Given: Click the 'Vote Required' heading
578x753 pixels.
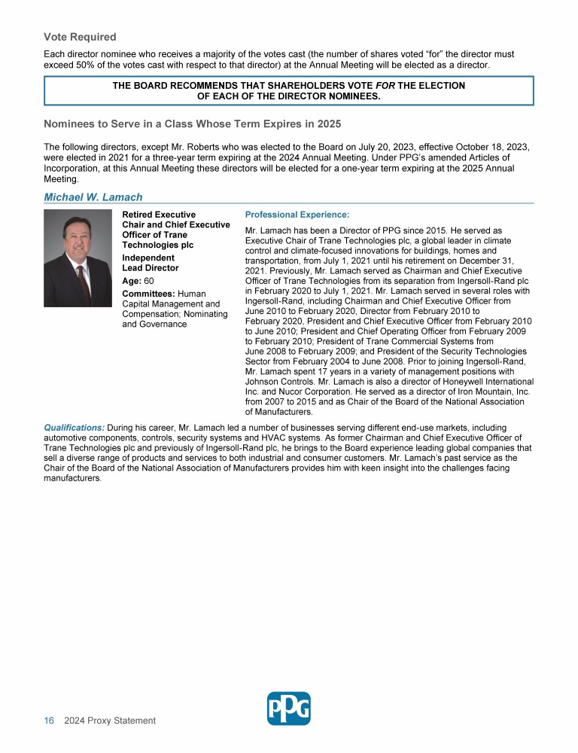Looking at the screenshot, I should pyautogui.click(x=80, y=37).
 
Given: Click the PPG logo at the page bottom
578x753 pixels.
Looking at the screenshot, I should pyautogui.click(x=288, y=709).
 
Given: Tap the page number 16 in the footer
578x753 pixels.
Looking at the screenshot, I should pyautogui.click(x=49, y=721).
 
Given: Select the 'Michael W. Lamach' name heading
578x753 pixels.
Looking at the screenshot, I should pyautogui.click(x=93, y=197).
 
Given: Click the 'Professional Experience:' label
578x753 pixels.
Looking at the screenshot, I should pyautogui.click(x=297, y=215).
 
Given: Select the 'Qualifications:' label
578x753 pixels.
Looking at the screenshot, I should pyautogui.click(x=74, y=428).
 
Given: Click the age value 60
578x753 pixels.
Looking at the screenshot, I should pyautogui.click(x=149, y=281).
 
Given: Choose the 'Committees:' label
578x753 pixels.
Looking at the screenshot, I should pyautogui.click(x=148, y=293).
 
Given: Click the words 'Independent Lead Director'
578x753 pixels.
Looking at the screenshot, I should pyautogui.click(x=150, y=263).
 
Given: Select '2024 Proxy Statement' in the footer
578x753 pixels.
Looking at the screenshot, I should pyautogui.click(x=110, y=721).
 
